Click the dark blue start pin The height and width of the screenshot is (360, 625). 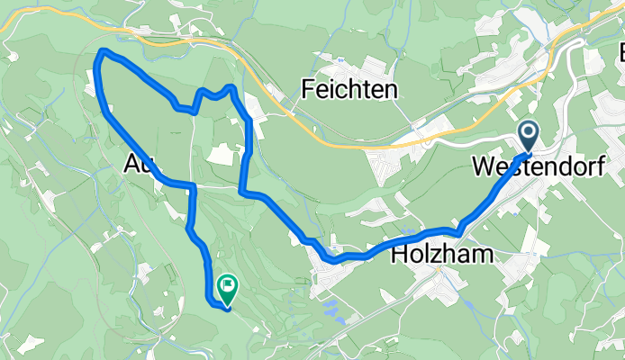pyautogui.click(x=528, y=138)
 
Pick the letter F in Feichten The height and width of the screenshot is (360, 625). pyautogui.click(x=308, y=89)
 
